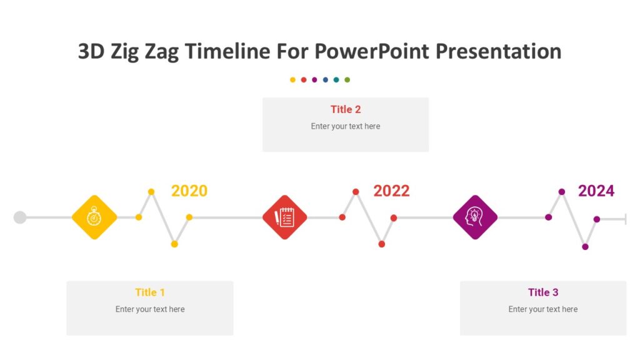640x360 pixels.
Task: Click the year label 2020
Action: coord(189,191)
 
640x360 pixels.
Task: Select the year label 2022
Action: coord(391,191)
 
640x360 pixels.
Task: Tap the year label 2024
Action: coord(596,191)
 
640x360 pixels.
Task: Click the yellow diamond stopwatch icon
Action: coord(94,217)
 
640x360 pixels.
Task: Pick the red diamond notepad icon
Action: coord(285,217)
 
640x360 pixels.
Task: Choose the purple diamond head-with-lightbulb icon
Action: coord(475,217)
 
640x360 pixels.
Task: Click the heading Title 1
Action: coord(150,292)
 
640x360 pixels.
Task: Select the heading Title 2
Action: coord(346,109)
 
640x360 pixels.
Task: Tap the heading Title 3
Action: coord(542,292)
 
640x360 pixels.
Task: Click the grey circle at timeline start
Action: coord(20,217)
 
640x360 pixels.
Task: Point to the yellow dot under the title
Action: coord(292,80)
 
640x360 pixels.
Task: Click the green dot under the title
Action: coord(347,80)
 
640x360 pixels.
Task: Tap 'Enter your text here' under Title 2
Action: coord(346,126)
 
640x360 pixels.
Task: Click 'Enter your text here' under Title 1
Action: coord(150,309)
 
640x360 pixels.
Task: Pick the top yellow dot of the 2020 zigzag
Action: coord(151,192)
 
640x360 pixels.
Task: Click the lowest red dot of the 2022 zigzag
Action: coord(382,244)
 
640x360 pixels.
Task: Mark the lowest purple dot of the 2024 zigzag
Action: coord(585,247)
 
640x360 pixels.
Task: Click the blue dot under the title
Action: coord(326,80)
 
